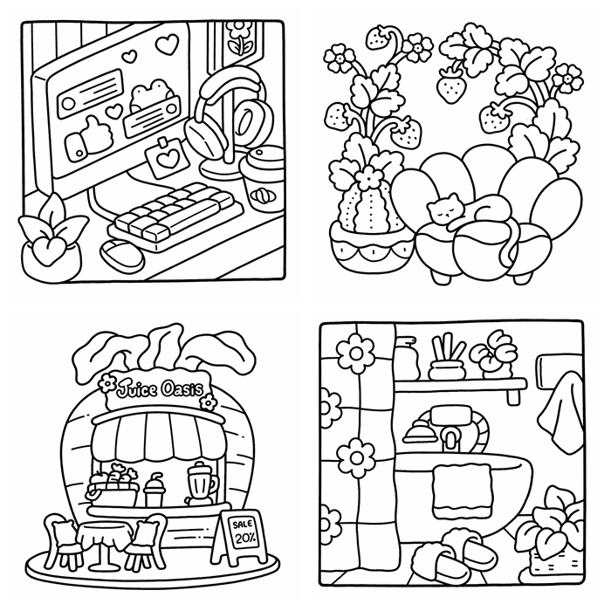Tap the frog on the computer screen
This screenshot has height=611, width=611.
click(151, 94)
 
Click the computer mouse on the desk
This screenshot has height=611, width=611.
click(121, 255)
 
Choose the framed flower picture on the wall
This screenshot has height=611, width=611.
click(237, 45)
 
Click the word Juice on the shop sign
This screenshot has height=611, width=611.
click(137, 388)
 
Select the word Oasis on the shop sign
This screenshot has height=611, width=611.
click(182, 388)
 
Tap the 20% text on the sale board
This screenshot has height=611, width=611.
click(244, 539)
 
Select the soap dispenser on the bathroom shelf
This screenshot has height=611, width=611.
click(408, 357)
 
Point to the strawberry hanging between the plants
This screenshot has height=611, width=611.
click(451, 86)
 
